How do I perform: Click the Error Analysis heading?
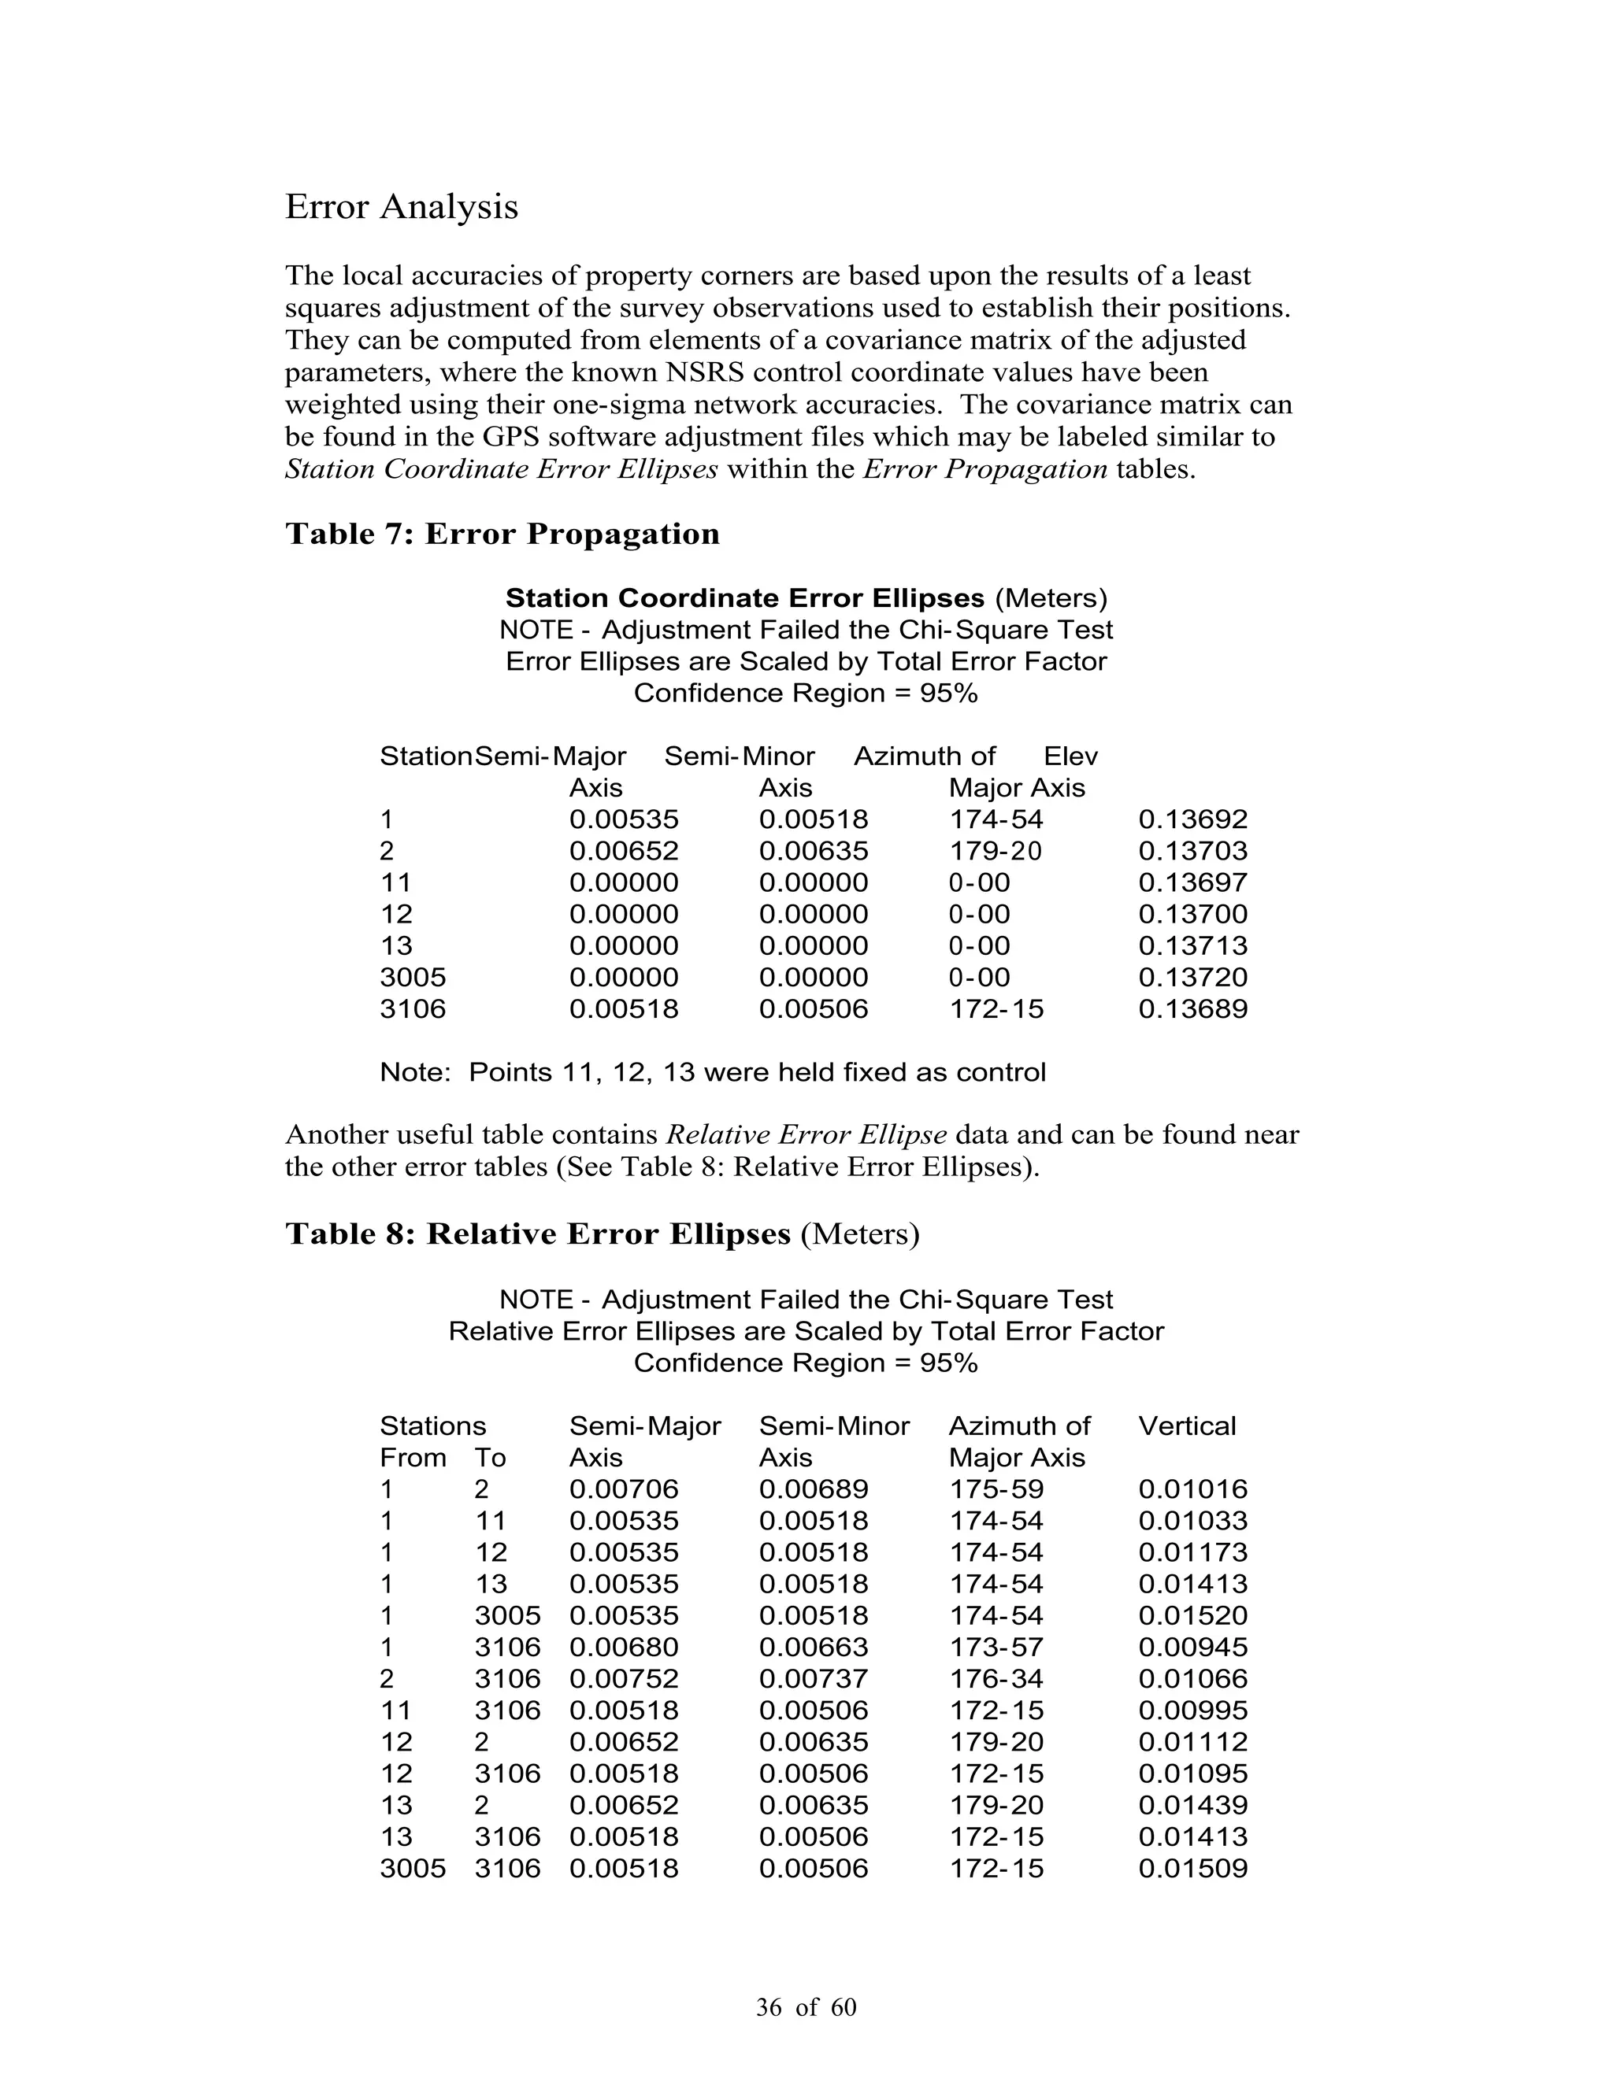[402, 207]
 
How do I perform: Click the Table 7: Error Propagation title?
[502, 534]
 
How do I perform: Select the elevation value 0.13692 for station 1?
[1192, 819]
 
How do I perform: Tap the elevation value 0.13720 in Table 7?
[1192, 978]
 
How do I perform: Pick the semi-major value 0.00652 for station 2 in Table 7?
[624, 851]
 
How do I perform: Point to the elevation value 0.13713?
[1192, 946]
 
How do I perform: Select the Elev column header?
[1070, 756]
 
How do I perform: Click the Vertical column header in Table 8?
[1187, 1426]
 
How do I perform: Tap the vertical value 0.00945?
[1192, 1648]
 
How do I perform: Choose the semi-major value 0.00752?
[624, 1679]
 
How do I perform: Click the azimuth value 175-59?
[996, 1490]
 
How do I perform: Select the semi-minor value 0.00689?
[813, 1490]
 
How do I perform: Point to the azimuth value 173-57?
[996, 1648]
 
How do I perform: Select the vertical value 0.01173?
[1192, 1553]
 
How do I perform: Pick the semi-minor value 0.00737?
[813, 1679]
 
